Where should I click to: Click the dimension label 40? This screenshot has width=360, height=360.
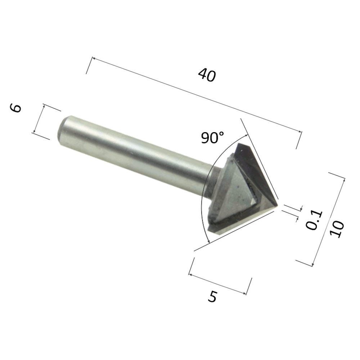click(x=207, y=75)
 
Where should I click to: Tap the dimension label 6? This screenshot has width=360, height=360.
click(x=15, y=108)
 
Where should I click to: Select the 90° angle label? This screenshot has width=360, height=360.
click(x=212, y=138)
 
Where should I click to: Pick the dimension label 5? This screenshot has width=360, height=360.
click(x=212, y=297)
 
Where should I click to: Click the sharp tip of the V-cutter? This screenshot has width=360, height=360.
click(x=278, y=205)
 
